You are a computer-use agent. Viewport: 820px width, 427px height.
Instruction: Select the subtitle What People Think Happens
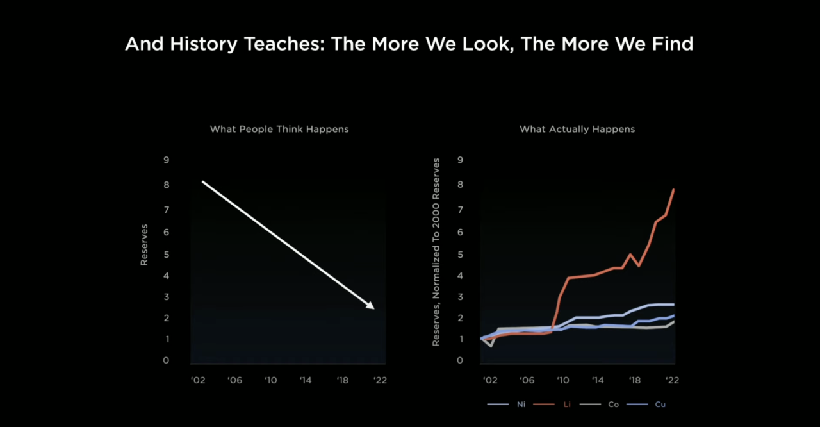[279, 129]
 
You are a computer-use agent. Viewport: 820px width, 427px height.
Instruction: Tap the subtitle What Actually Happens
[577, 129]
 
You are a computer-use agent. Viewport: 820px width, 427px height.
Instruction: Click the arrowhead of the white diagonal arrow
[370, 305]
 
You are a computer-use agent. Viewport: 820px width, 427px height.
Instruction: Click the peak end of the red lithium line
[673, 190]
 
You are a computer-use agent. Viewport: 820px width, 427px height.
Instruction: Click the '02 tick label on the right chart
[489, 380]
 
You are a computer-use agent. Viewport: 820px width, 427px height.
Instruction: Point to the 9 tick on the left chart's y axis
[167, 160]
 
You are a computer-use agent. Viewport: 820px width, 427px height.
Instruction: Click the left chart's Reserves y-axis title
[144, 244]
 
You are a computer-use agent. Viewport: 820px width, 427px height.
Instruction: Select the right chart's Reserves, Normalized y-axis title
[436, 252]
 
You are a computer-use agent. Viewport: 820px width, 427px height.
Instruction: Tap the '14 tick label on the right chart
[598, 380]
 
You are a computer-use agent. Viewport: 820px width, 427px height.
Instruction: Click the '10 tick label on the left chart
[270, 380]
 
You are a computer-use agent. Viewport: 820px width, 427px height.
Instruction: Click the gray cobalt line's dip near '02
[491, 346]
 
